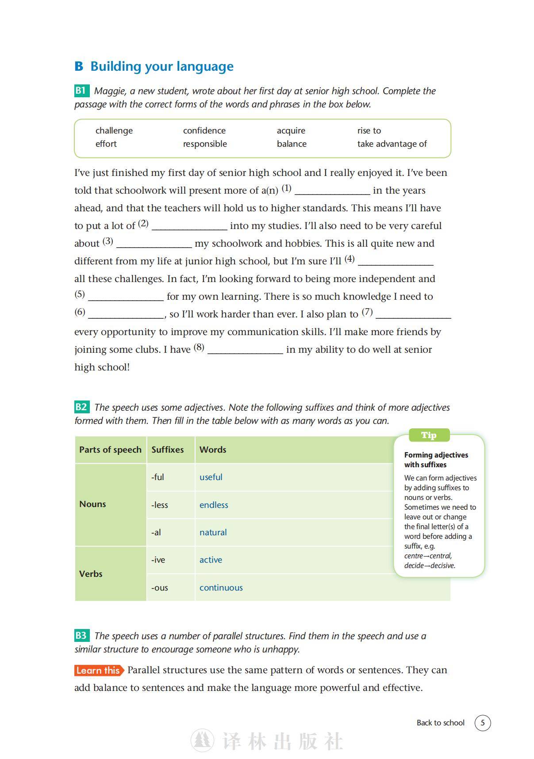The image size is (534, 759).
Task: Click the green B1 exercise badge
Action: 81,91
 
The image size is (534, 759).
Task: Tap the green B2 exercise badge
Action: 81,407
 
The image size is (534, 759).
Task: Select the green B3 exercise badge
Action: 81,636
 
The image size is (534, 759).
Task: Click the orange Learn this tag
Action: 98,670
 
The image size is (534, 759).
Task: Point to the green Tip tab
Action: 429,435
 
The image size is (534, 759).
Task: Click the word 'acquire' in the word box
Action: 291,130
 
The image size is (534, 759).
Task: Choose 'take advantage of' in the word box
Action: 392,144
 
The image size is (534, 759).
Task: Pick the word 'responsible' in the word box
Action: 205,144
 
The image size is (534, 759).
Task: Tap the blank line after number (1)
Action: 332,191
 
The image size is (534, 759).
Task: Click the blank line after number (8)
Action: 245,350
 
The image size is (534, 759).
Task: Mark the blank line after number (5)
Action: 126,297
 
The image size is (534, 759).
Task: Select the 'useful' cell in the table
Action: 211,477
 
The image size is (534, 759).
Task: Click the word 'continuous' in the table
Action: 221,587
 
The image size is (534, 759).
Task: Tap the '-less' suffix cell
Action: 160,505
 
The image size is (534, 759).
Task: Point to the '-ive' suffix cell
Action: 158,560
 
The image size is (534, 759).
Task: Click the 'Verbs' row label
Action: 91,574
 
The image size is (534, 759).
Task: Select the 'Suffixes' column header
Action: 168,450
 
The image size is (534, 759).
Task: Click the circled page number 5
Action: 483,723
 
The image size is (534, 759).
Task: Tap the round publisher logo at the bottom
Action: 202,740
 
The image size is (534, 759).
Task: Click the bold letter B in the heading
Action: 79,66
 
